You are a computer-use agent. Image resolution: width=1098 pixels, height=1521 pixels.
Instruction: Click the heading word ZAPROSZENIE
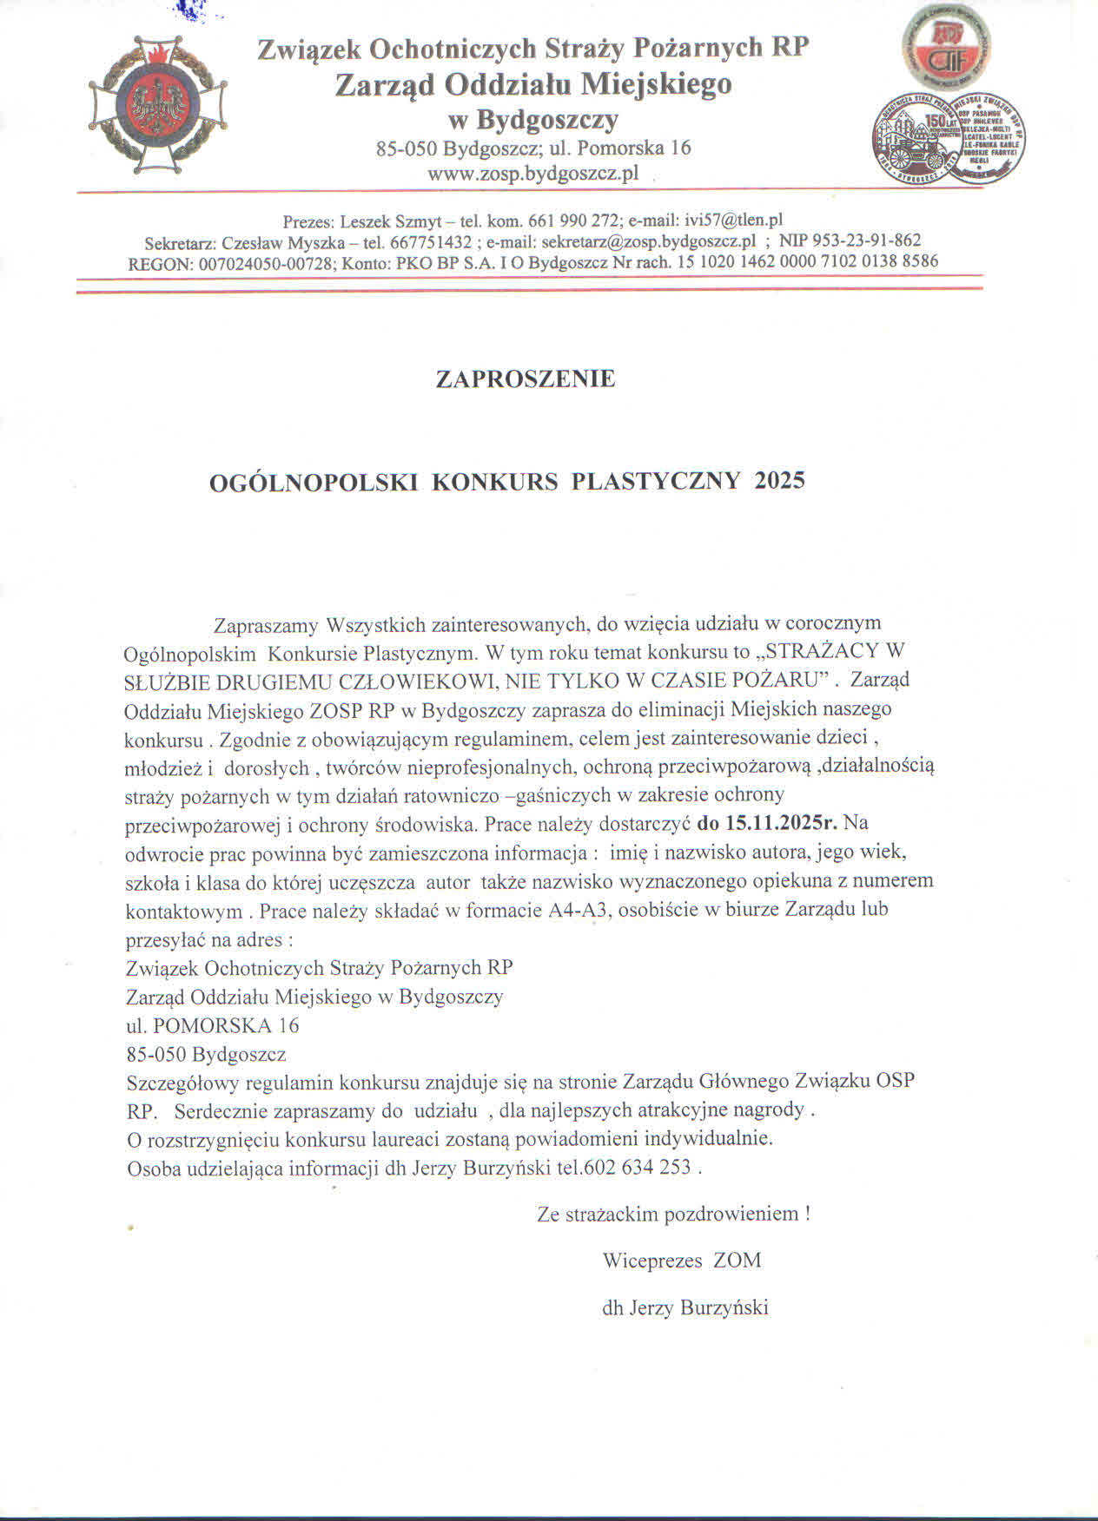(526, 379)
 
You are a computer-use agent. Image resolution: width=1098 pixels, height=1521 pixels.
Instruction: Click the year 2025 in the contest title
(780, 481)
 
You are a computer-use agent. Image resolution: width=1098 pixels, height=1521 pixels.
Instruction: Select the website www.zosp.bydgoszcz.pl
(532, 173)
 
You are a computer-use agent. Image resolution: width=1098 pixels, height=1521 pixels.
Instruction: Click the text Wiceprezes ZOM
(681, 1261)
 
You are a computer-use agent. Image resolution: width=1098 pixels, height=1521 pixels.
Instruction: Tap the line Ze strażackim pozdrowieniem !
(673, 1214)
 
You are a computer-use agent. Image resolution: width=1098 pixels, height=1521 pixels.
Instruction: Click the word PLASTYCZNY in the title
(656, 481)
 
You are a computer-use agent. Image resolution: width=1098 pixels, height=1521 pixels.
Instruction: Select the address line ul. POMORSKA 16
(213, 1025)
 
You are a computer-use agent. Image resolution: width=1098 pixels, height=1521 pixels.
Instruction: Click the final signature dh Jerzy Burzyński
(685, 1307)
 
